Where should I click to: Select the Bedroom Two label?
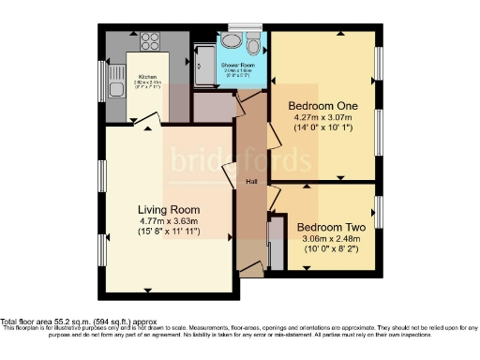tap(330, 227)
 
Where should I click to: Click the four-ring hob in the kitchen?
tap(150, 41)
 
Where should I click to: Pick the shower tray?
tap(203, 64)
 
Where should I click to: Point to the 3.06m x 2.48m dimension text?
tap(330, 239)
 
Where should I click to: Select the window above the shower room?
tap(246, 27)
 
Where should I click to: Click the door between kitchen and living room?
tap(147, 120)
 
